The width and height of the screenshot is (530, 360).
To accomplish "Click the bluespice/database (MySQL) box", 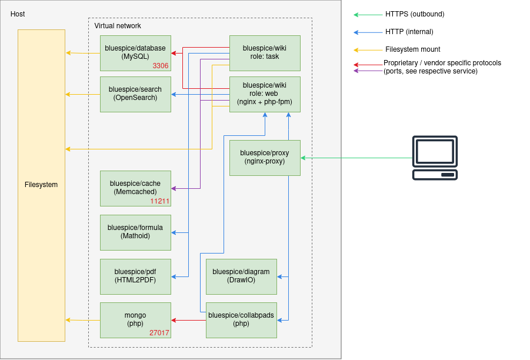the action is [x=135, y=53].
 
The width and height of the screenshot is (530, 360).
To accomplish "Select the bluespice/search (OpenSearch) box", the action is [x=135, y=94].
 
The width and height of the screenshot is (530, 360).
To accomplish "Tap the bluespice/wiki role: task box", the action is [x=265, y=53].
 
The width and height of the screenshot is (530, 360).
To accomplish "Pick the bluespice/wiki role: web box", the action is [x=265, y=94].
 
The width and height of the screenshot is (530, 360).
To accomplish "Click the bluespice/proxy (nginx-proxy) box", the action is [x=265, y=158].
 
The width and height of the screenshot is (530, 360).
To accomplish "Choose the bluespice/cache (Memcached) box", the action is [x=135, y=188].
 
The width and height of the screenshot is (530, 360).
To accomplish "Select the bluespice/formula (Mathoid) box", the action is [x=135, y=232].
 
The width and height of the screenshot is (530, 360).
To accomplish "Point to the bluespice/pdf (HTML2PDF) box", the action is [x=135, y=276].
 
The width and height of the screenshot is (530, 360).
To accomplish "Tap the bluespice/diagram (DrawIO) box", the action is [x=241, y=276].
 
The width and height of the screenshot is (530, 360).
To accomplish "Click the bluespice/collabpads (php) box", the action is [x=241, y=320].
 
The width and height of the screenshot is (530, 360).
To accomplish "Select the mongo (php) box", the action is [x=135, y=320].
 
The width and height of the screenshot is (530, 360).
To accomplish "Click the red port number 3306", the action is [x=161, y=65].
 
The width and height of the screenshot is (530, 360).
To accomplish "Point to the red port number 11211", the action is [x=159, y=201].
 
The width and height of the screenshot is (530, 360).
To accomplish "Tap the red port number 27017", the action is [x=159, y=332].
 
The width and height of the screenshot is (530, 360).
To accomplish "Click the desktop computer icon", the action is [x=435, y=158].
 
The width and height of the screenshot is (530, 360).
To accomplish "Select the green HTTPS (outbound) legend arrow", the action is [x=368, y=15].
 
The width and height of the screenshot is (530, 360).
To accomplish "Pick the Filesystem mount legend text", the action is [x=413, y=49].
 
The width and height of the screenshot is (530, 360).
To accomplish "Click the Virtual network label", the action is [x=118, y=26].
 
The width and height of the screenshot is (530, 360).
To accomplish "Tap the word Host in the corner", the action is [x=18, y=14].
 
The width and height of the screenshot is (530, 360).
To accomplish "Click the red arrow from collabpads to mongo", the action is [x=189, y=320].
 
